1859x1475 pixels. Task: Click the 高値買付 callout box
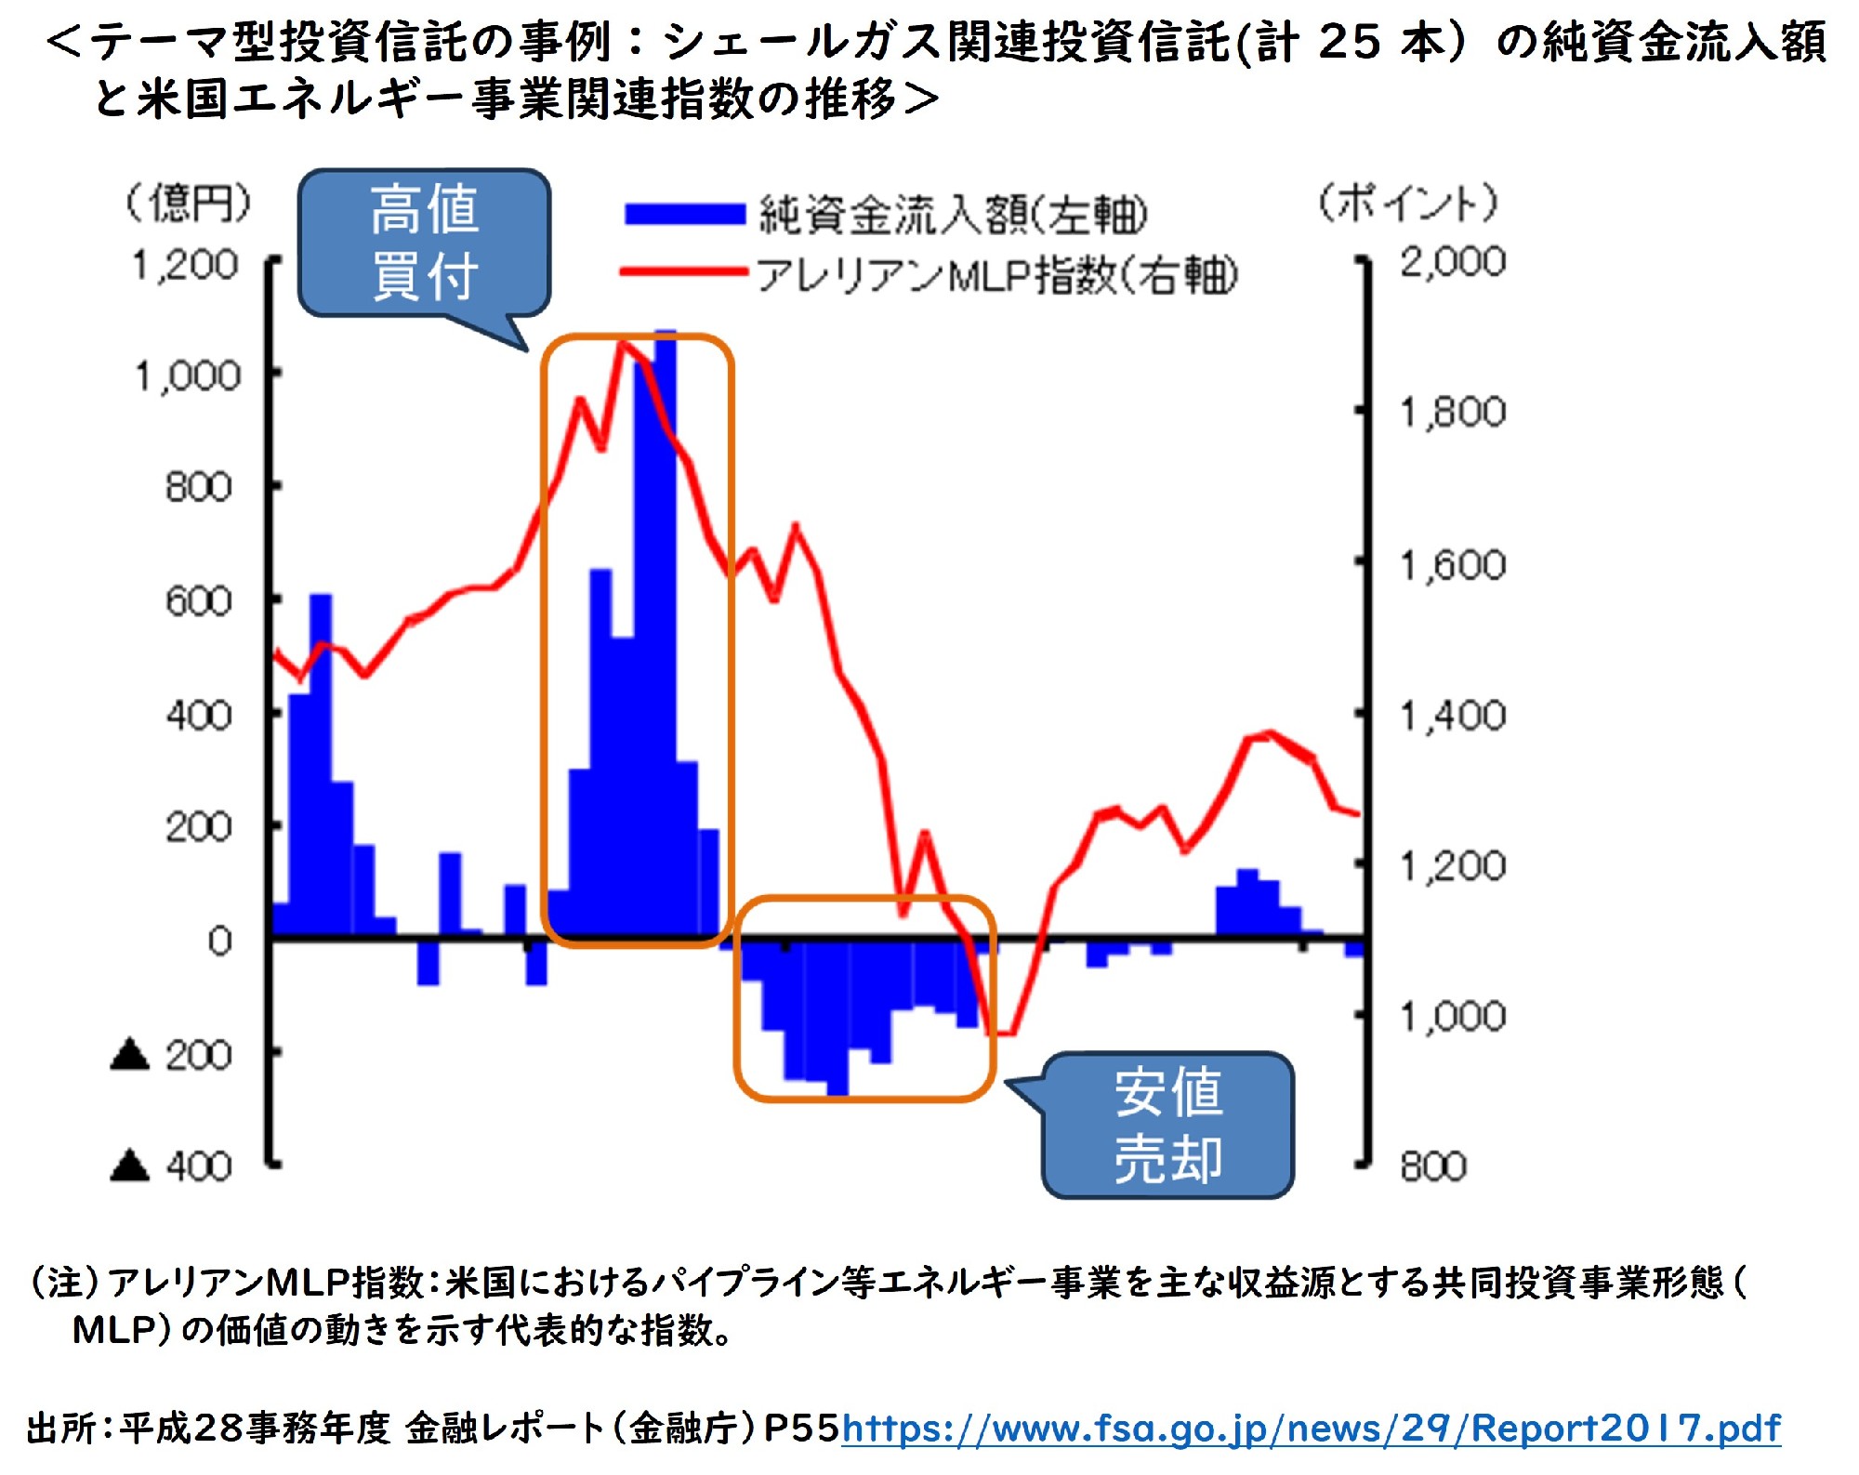pyautogui.click(x=425, y=242)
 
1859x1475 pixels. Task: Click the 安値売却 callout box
pyautogui.click(x=1167, y=1126)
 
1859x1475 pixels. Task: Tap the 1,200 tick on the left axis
pyautogui.click(x=186, y=266)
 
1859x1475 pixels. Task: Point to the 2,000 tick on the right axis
pyautogui.click(x=1452, y=262)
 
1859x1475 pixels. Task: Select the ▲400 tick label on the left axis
pyautogui.click(x=172, y=1166)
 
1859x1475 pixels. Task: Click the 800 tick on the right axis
pyautogui.click(x=1433, y=1166)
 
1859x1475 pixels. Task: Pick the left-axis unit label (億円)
pyautogui.click(x=189, y=203)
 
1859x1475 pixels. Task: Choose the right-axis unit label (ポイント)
pyautogui.click(x=1408, y=203)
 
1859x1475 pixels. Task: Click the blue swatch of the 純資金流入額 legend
pyautogui.click(x=685, y=215)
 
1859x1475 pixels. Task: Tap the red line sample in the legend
pyautogui.click(x=685, y=272)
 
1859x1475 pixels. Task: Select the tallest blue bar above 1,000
pyautogui.click(x=666, y=632)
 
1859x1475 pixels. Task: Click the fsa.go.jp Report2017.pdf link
pyautogui.click(x=1311, y=1428)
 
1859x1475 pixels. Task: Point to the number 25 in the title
pyautogui.click(x=1350, y=42)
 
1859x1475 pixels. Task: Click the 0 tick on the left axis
pyautogui.click(x=219, y=941)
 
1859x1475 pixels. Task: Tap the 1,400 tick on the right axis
pyautogui.click(x=1452, y=716)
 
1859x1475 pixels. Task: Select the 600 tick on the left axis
pyautogui.click(x=198, y=601)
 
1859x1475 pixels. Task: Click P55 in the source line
pyautogui.click(x=801, y=1428)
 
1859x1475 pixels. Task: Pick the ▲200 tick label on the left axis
pyautogui.click(x=172, y=1055)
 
